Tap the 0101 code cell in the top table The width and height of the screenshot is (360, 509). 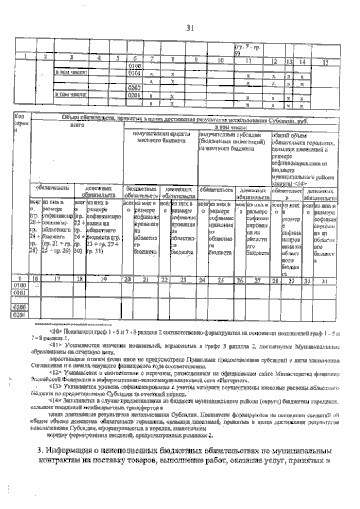point(134,73)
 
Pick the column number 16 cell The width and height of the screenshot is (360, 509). point(35,279)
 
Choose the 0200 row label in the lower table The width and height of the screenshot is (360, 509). point(20,308)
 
